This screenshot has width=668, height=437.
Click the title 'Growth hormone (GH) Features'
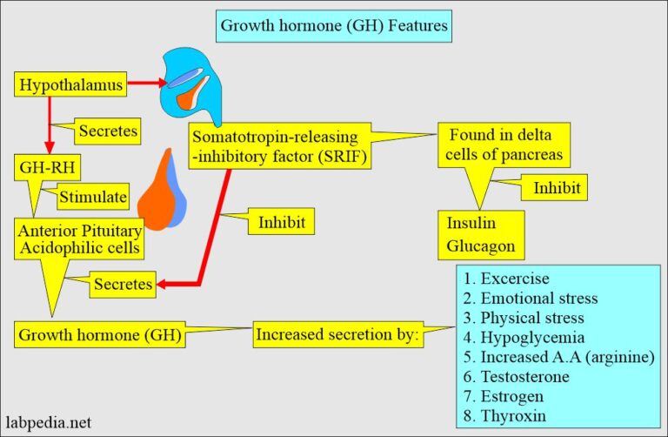coord(334,25)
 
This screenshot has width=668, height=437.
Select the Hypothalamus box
coord(70,85)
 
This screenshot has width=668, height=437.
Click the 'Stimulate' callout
coord(93,198)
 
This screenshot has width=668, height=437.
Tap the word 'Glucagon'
coord(481,245)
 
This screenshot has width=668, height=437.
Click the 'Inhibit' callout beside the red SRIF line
coord(282,222)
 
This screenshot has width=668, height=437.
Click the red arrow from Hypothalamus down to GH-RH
coord(50,123)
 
